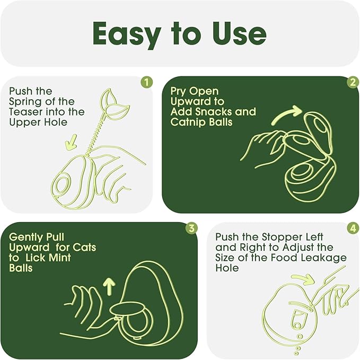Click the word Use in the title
point(239,33)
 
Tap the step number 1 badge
point(146,82)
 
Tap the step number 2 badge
point(353,82)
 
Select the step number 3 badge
point(191,228)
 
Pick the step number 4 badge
point(353,228)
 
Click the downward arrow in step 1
point(71,142)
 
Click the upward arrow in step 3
point(109,286)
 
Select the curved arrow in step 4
point(303,278)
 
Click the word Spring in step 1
point(25,102)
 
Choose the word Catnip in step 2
point(185,122)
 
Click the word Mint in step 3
point(60,258)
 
